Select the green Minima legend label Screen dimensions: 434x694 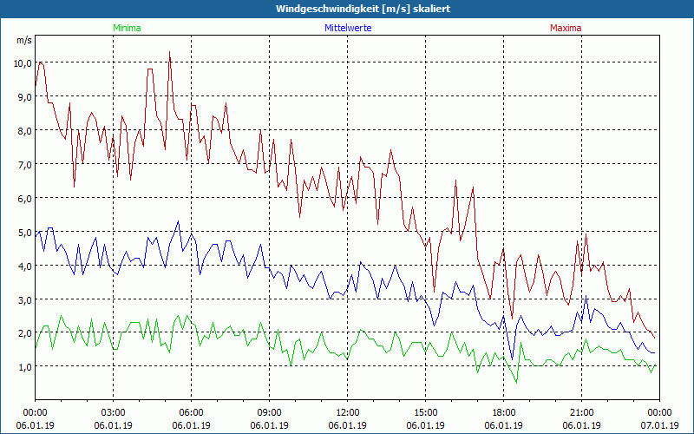[127, 28]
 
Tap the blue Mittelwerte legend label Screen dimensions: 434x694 [349, 28]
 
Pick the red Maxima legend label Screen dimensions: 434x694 [566, 28]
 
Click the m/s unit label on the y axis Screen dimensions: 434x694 [23, 41]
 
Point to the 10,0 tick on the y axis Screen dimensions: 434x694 [22, 62]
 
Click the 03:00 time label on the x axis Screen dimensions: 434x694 [114, 411]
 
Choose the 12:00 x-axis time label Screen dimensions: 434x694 [348, 411]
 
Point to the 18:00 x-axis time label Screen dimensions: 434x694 [504, 411]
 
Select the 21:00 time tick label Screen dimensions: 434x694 [582, 411]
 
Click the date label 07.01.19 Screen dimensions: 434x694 [659, 425]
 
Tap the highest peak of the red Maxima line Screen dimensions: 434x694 [170, 53]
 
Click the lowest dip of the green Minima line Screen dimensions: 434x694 [517, 382]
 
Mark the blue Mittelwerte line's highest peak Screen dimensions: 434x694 [179, 221]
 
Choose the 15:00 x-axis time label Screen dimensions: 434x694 [426, 411]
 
